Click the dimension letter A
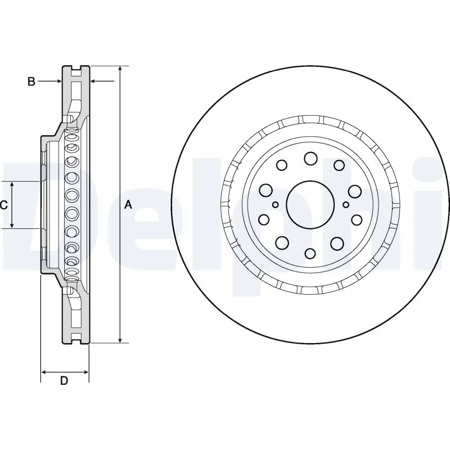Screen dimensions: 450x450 click(x=128, y=205)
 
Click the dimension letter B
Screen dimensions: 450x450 click(x=31, y=82)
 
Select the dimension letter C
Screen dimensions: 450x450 click(x=3, y=205)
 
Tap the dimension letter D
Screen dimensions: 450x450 click(x=64, y=381)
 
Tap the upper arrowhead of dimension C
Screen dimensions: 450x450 click(x=12, y=184)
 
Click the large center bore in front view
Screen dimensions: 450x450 click(x=309, y=204)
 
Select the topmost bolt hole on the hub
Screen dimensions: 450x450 click(x=310, y=159)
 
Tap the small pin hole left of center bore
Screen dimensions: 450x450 click(x=275, y=205)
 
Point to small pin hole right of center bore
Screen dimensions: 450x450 click(x=345, y=205)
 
